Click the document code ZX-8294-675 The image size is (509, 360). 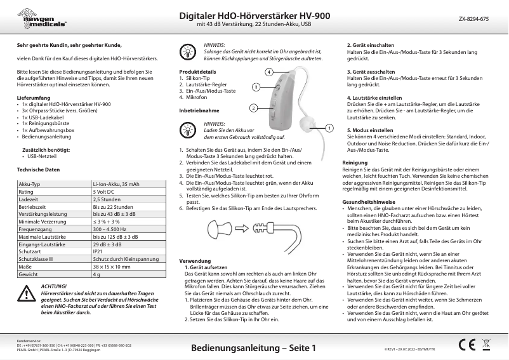coord(473,20)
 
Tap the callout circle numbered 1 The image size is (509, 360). coord(329,128)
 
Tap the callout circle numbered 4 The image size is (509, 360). coord(269,72)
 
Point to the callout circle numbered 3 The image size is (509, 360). coord(255,86)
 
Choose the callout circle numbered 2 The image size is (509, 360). coord(253,108)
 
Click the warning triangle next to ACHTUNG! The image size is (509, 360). coord(27,293)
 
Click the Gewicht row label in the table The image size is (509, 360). coord(28,274)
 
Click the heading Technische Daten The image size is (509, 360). coord(38,170)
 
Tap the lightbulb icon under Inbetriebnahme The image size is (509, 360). coord(188,129)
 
